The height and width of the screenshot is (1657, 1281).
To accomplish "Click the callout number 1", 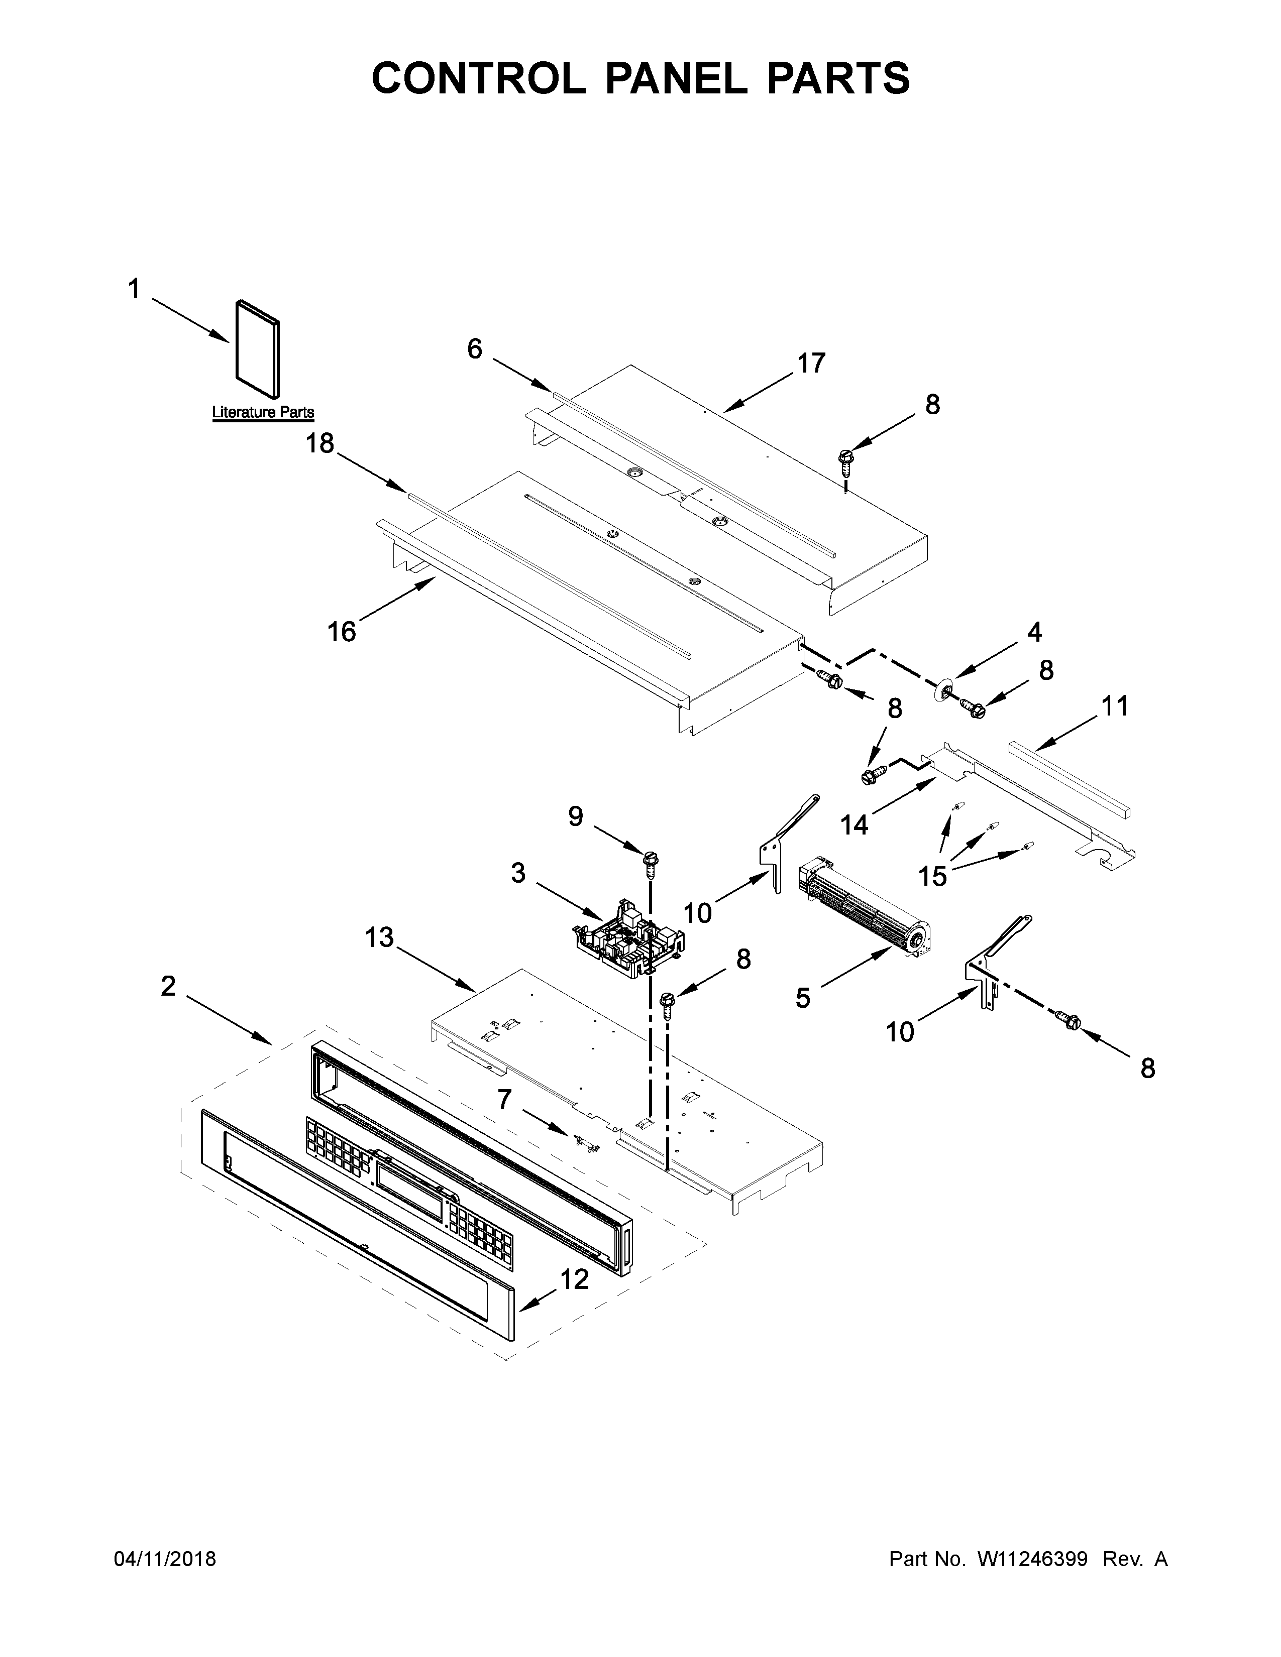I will (x=134, y=289).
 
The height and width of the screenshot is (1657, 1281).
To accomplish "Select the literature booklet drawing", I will (x=257, y=348).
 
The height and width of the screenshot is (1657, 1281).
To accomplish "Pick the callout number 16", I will (x=342, y=631).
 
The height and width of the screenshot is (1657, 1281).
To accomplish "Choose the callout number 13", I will (x=379, y=938).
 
